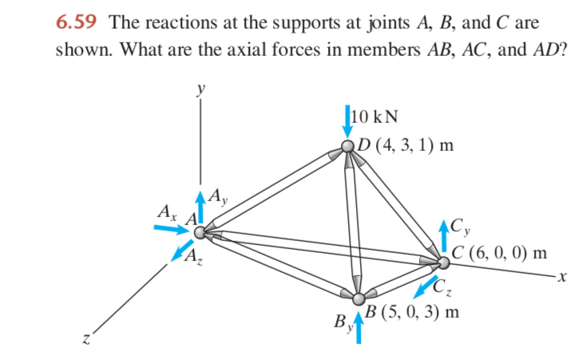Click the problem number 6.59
(76, 22)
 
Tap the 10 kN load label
(374, 117)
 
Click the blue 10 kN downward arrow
(347, 121)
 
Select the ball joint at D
(348, 146)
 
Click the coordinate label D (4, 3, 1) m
(406, 145)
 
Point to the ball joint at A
(200, 232)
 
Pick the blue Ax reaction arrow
(172, 229)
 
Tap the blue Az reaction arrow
(182, 251)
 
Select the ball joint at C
(443, 263)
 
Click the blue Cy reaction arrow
(444, 236)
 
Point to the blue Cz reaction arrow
(426, 287)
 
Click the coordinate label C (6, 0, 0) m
(499, 254)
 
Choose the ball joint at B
(358, 299)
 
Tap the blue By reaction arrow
(358, 328)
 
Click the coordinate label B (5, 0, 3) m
(412, 312)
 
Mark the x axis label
(562, 277)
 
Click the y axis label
(201, 89)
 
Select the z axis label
(86, 338)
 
